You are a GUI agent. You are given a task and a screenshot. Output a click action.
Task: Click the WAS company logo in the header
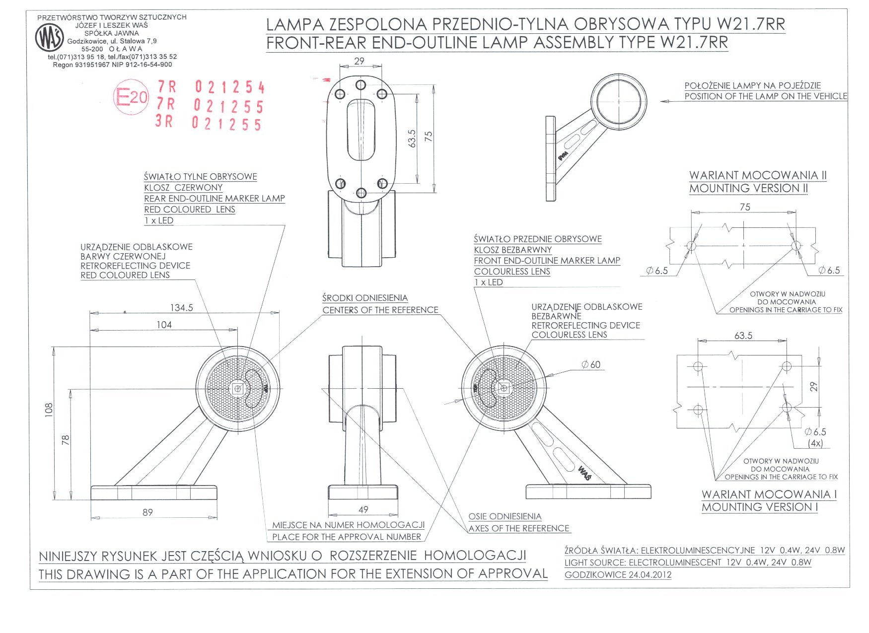50,38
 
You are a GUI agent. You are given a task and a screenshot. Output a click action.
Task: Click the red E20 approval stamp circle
131,97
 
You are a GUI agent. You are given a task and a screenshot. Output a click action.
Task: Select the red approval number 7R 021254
211,87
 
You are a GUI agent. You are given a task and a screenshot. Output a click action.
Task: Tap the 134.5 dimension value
181,308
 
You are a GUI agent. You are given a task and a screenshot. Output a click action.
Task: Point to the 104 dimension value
164,325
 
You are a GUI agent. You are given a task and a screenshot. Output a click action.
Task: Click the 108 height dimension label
49,409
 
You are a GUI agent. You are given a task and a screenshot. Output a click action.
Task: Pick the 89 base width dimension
147,512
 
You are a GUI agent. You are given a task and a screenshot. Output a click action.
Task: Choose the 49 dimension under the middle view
363,509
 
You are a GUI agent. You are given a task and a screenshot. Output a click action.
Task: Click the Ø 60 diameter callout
591,365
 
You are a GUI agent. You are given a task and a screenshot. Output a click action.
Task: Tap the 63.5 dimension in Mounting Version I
743,336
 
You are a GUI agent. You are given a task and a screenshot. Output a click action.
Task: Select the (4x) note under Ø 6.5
815,443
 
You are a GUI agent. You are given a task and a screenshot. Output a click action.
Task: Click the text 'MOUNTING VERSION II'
748,189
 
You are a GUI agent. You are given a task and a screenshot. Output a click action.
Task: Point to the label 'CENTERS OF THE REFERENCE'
380,310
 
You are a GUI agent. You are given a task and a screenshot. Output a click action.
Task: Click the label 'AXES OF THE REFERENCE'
519,528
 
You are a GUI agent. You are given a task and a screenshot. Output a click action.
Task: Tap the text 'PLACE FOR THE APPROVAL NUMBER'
347,537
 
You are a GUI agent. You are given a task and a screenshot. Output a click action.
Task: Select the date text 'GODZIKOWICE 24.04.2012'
618,575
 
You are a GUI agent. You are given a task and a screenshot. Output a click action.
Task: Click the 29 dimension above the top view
360,61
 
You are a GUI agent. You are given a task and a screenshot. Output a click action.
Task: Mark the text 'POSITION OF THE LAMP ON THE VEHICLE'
766,96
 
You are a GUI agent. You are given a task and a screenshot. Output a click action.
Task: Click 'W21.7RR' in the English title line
694,43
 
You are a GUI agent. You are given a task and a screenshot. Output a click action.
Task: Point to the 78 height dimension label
66,439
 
